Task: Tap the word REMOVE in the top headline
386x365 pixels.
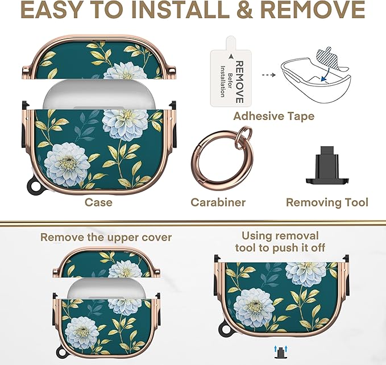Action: click(x=313, y=10)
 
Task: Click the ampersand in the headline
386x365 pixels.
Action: click(x=244, y=10)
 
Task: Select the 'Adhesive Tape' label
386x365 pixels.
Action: click(x=274, y=116)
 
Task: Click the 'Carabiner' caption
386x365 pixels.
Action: click(x=218, y=202)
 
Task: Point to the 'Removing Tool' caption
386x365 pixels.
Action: click(x=327, y=202)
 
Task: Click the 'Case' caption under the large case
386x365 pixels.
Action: click(x=98, y=202)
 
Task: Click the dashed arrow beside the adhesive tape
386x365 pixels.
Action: click(x=268, y=74)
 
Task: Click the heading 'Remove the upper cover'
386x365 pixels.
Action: click(x=106, y=238)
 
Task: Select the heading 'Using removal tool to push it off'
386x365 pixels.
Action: click(x=280, y=242)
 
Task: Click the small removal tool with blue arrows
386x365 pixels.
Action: click(x=280, y=352)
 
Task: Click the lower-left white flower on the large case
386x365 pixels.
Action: click(x=67, y=164)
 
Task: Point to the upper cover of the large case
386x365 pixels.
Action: click(x=98, y=58)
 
